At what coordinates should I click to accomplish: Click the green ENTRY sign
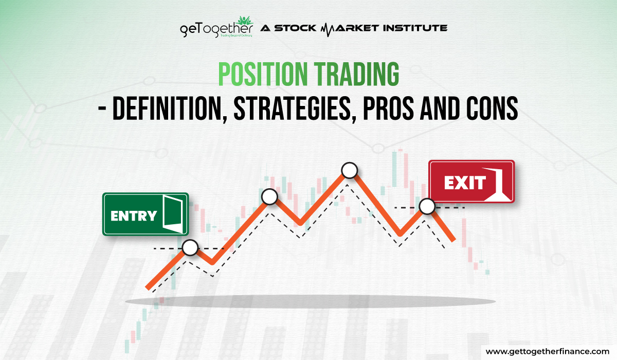[146, 214]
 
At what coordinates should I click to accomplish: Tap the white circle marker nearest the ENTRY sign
[190, 248]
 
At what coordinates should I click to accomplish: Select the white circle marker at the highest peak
[350, 170]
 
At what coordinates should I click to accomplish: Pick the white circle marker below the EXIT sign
[427, 207]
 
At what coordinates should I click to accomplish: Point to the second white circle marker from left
[269, 196]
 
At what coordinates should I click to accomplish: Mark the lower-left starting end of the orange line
[148, 287]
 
